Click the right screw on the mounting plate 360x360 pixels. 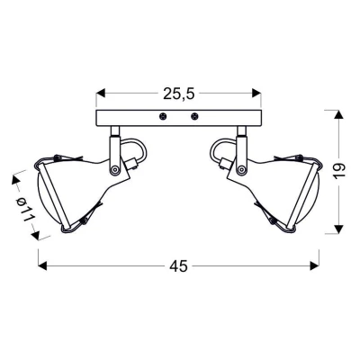click(193, 116)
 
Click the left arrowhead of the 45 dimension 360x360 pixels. click(41, 265)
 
